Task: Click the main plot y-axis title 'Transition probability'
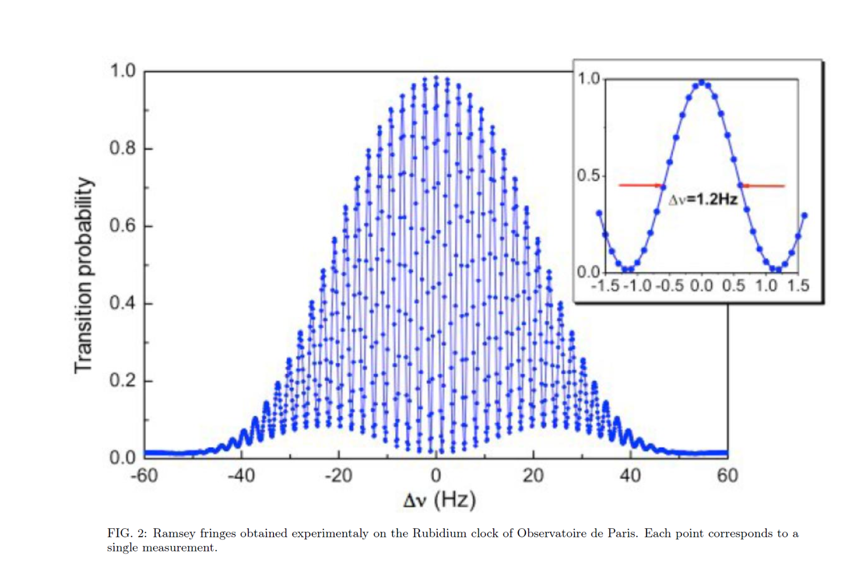coord(84,275)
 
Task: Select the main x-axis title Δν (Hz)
coord(439,501)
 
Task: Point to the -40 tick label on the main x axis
coord(241,476)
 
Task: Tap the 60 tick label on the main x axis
coord(727,476)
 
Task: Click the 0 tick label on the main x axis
coord(436,476)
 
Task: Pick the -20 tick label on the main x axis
coord(338,476)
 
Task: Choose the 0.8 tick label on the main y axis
coord(122,148)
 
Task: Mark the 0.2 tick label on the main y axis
coord(122,381)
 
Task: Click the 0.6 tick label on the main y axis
coord(122,226)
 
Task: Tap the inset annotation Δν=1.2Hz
coord(703,200)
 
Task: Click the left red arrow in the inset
coord(640,185)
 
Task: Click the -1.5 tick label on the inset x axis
coord(605,286)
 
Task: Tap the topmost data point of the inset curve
coord(702,82)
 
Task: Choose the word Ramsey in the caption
coord(174,534)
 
